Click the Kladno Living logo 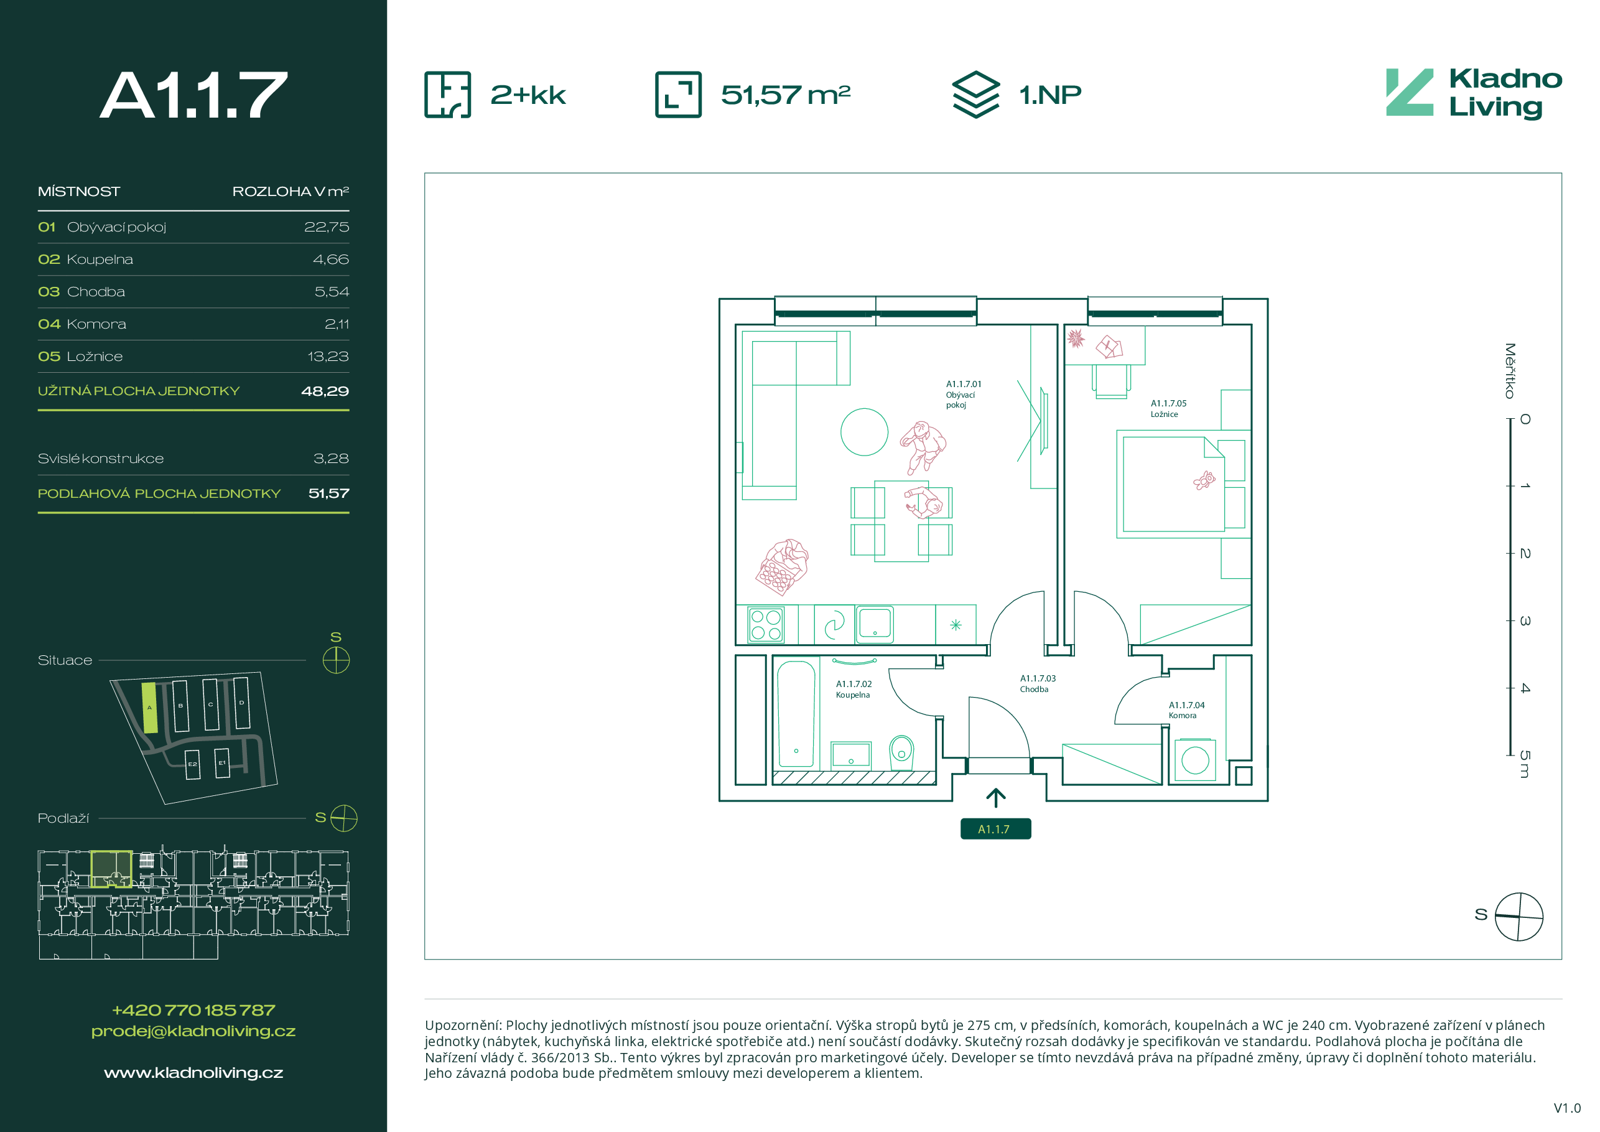[x=1473, y=93]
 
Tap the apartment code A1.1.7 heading [x=193, y=95]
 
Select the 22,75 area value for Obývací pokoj [x=326, y=227]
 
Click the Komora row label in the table [x=96, y=324]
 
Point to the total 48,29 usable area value [x=325, y=391]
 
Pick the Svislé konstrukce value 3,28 [x=331, y=459]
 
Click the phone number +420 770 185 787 [x=193, y=1010]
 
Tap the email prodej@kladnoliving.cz [x=193, y=1032]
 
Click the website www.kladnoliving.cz [x=193, y=1073]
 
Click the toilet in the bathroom [x=901, y=753]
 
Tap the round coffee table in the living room [x=864, y=432]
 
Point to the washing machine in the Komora [x=1194, y=760]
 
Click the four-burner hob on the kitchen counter [x=766, y=625]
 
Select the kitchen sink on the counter [x=875, y=623]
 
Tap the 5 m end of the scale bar [x=1509, y=755]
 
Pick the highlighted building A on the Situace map [x=149, y=708]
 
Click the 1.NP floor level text [x=1050, y=95]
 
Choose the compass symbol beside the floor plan [x=1519, y=917]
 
